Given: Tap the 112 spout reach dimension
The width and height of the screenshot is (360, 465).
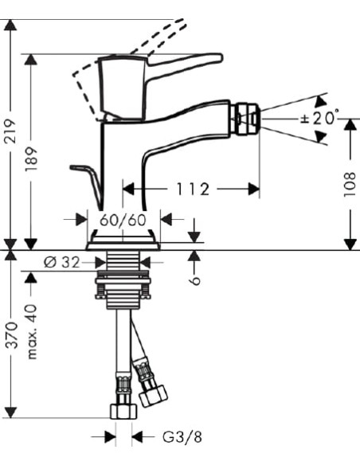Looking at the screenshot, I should click(x=193, y=189).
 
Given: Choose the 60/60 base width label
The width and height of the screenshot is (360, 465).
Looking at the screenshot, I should click(x=123, y=219).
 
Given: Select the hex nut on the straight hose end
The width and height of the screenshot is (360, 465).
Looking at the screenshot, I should click(x=123, y=411).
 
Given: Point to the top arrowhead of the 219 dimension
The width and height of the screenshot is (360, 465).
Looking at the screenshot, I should click(x=10, y=24).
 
